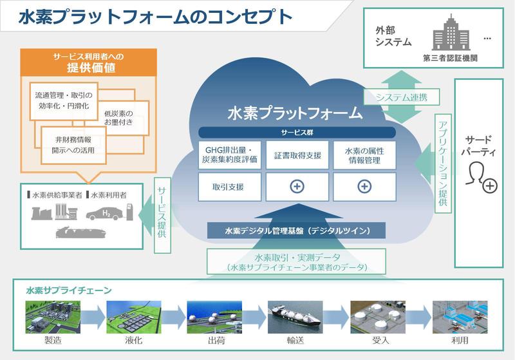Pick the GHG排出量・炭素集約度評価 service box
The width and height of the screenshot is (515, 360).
point(229,155)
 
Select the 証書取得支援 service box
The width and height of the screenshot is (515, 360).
point(297,155)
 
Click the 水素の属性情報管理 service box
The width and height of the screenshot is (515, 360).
point(364,155)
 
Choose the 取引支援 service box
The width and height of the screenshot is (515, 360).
point(229,187)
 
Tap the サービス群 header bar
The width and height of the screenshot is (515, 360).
point(297,131)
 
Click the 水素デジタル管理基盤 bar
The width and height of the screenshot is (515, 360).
point(297,231)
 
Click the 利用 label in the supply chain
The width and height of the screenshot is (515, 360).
point(460,341)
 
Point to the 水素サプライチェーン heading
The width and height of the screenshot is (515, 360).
point(69,290)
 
